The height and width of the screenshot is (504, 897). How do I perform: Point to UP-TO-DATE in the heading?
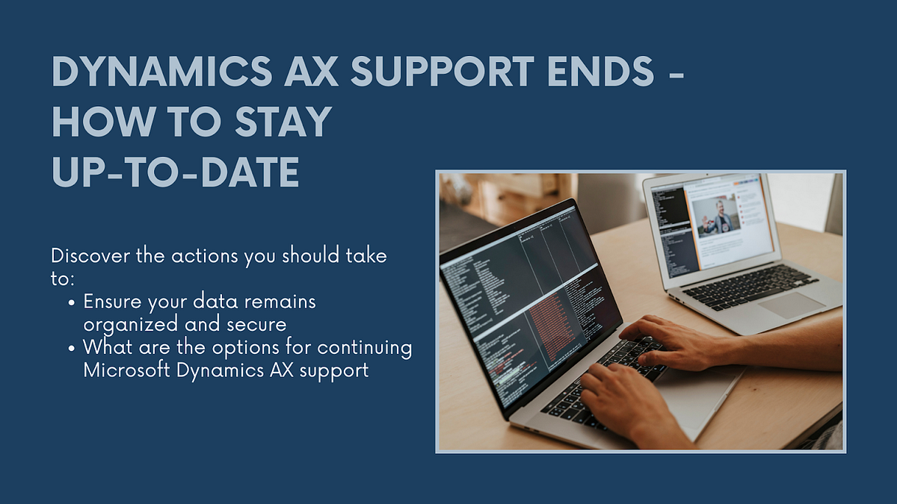pos(176,171)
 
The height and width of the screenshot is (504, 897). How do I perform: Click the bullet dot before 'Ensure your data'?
pos(71,303)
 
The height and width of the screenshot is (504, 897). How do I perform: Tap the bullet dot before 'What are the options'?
pos(71,349)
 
